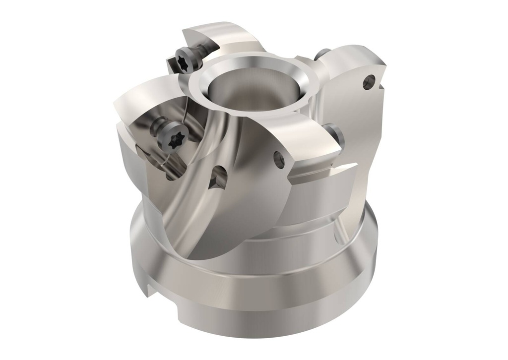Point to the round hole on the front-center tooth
[279, 158]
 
